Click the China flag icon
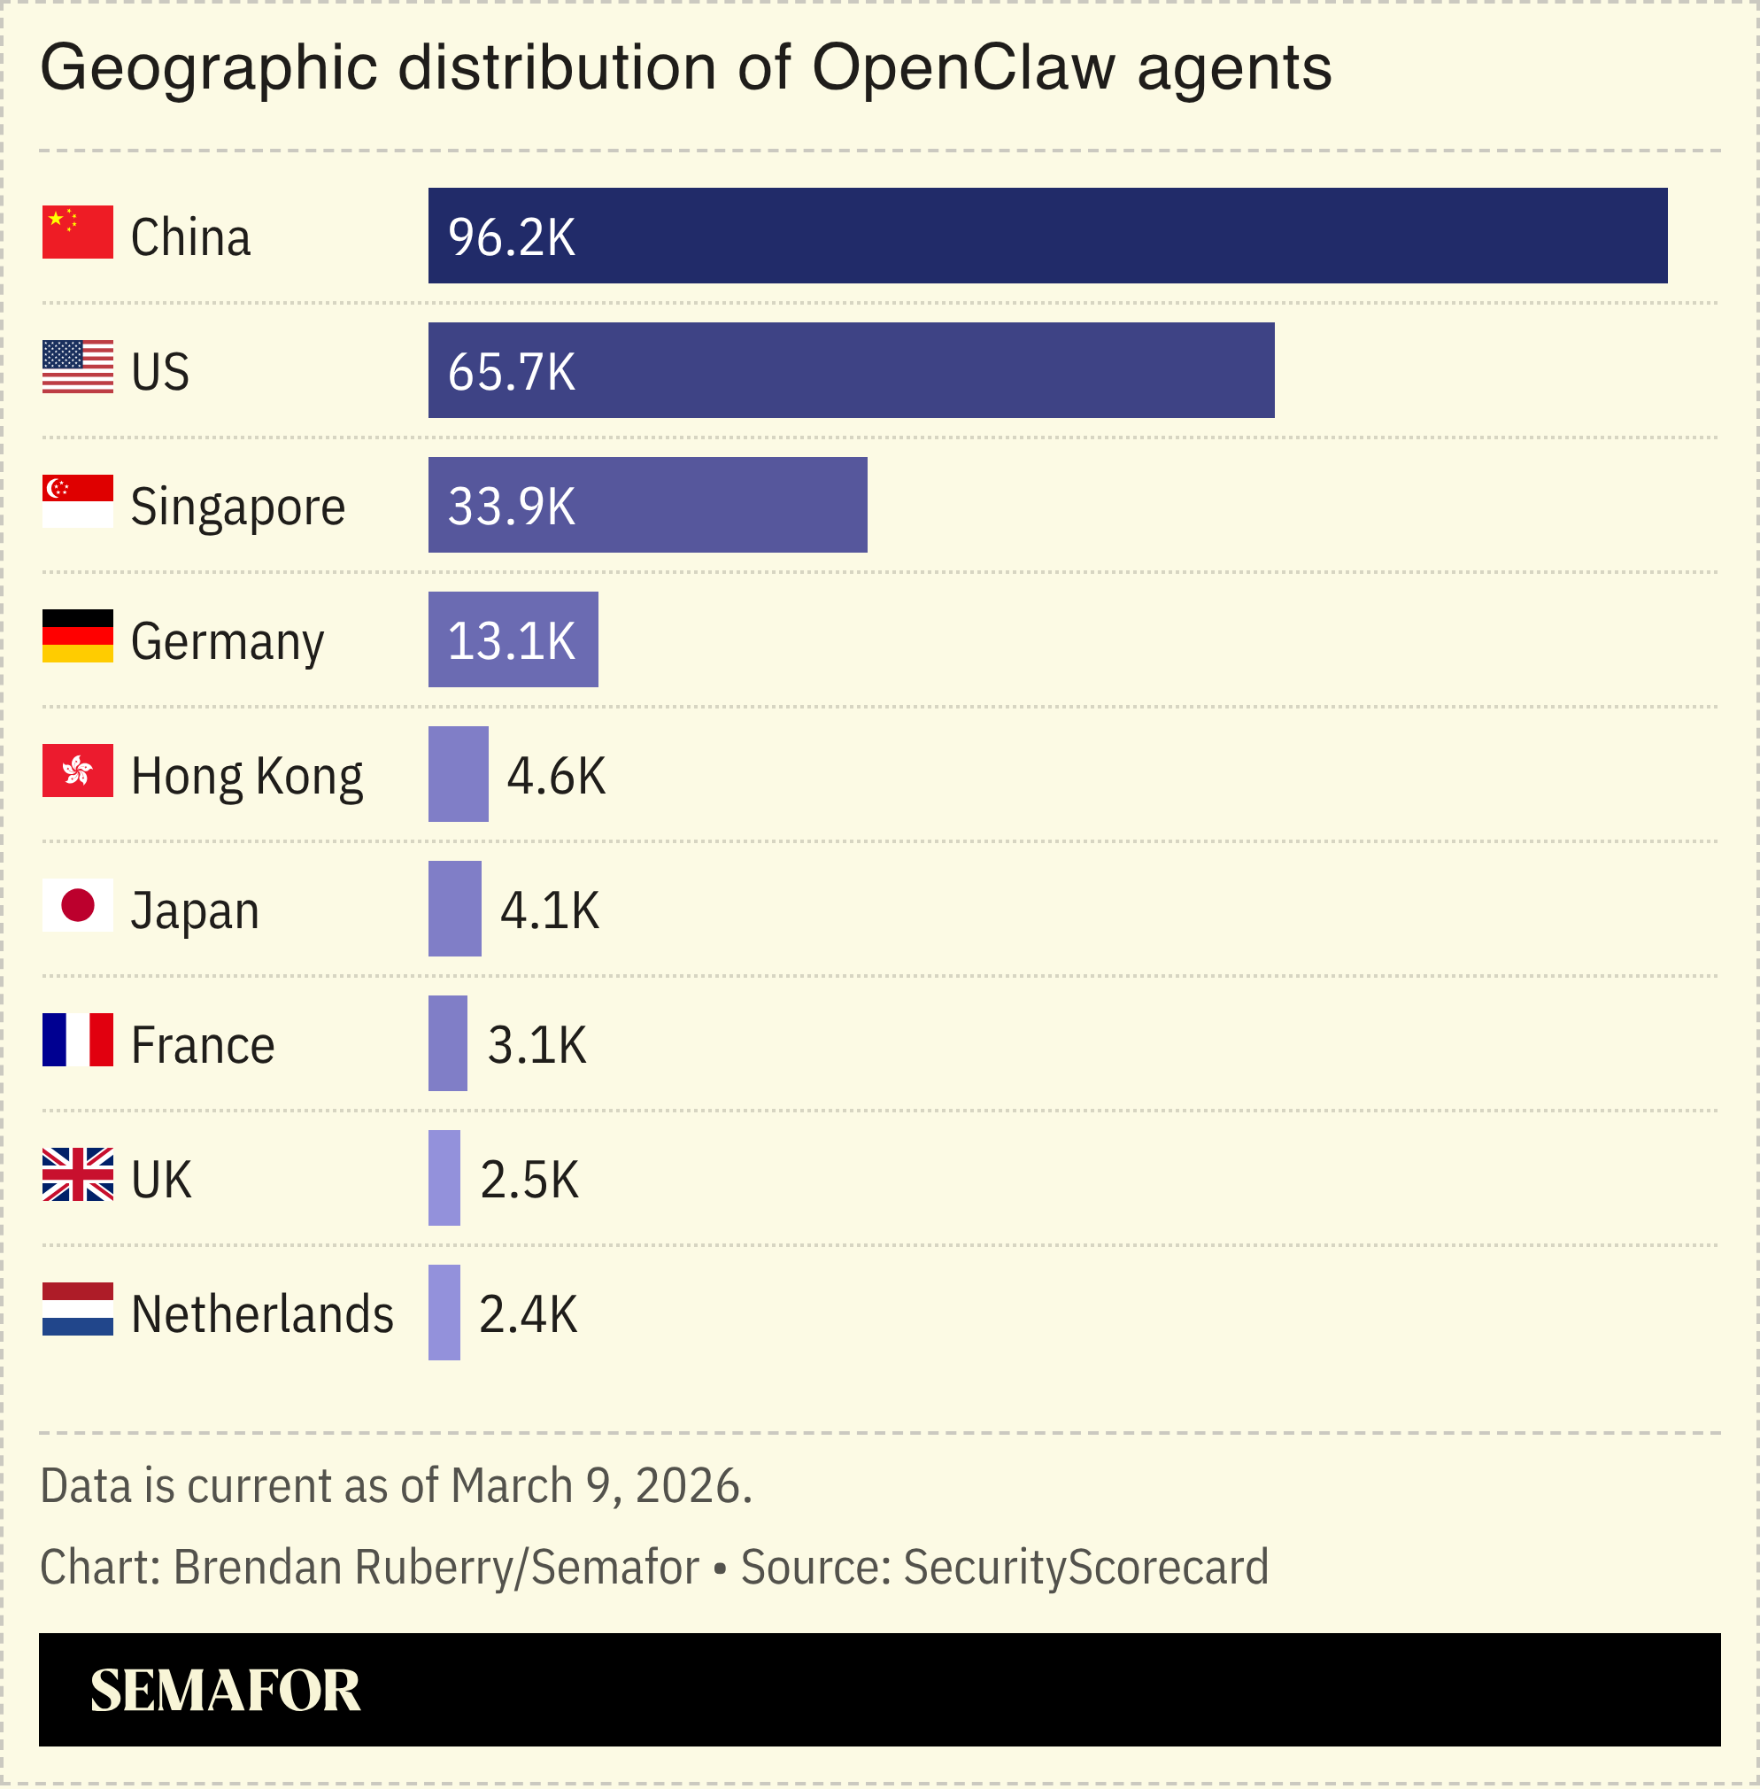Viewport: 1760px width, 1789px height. coord(78,232)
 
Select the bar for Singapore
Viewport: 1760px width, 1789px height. coord(647,505)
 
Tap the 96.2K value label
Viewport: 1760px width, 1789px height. coord(511,236)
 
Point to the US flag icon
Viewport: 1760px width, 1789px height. coord(78,367)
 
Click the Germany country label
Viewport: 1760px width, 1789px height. coord(228,641)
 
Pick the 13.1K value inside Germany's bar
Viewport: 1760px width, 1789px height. coord(511,640)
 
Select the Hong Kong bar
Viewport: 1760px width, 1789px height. coord(459,774)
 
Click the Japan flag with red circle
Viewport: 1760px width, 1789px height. coord(78,905)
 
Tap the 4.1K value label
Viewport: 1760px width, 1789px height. coord(549,910)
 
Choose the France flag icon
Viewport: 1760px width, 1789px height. coord(78,1040)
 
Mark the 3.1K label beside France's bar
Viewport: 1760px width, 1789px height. coord(536,1046)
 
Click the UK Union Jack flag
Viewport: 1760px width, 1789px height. coord(78,1174)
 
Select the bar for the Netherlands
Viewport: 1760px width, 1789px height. coord(444,1312)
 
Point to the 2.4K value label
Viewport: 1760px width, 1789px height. coord(528,1314)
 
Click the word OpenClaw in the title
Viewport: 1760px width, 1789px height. coord(963,68)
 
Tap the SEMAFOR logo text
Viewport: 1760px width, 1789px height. coord(225,1691)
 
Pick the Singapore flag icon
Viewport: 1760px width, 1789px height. coord(78,501)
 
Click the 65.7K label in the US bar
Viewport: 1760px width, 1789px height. coord(511,372)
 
